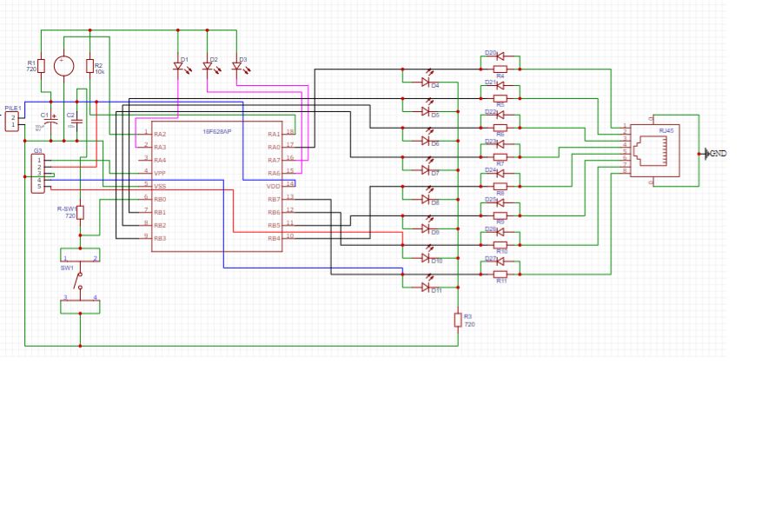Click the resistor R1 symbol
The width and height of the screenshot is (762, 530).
[x=41, y=66]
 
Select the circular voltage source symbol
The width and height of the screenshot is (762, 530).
[x=63, y=66]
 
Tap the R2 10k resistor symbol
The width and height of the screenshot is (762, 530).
[x=89, y=66]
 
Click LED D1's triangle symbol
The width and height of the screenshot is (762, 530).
[x=179, y=66]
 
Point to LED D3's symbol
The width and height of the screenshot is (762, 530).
[x=236, y=66]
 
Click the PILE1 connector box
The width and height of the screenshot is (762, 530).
[x=12, y=121]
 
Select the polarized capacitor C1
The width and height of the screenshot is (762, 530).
[x=51, y=122]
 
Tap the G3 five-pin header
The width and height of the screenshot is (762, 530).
[x=37, y=174]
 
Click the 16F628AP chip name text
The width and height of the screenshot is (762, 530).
[x=216, y=131]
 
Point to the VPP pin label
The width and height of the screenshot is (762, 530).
[x=160, y=173]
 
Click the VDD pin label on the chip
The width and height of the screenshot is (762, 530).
[x=274, y=186]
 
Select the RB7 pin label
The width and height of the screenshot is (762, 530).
[x=274, y=199]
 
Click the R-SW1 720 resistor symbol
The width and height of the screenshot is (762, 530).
[x=80, y=212]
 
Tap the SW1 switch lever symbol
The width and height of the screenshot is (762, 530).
[x=80, y=280]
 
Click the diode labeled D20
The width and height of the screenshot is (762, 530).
[x=500, y=56]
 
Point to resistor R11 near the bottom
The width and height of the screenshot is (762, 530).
[x=500, y=275]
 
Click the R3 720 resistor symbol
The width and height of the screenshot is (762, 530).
[x=458, y=320]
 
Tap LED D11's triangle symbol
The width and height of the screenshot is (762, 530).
[x=426, y=286]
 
